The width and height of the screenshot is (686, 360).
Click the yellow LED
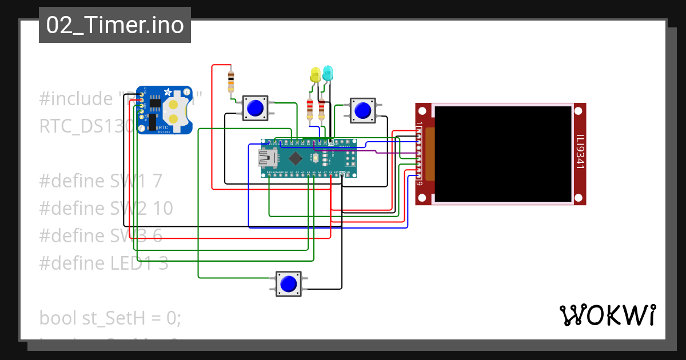(x=315, y=74)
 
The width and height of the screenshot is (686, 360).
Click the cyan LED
(x=328, y=73)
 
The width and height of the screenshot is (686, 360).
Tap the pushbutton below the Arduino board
(x=289, y=283)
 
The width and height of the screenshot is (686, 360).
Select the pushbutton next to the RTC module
(x=255, y=107)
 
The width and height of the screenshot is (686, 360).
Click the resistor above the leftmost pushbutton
(x=231, y=82)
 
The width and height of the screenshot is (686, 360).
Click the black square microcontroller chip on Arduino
(x=295, y=158)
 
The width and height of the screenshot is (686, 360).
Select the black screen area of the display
(x=501, y=154)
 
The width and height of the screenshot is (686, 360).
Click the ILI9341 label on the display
(x=580, y=151)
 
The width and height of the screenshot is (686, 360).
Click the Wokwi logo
(x=607, y=315)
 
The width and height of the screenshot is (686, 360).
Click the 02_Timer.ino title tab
(x=115, y=25)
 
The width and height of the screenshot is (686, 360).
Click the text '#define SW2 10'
(x=106, y=209)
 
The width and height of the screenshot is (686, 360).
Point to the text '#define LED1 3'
(x=103, y=263)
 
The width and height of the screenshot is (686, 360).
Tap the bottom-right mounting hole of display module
(x=579, y=198)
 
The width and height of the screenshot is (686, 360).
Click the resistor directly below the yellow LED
(x=310, y=109)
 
